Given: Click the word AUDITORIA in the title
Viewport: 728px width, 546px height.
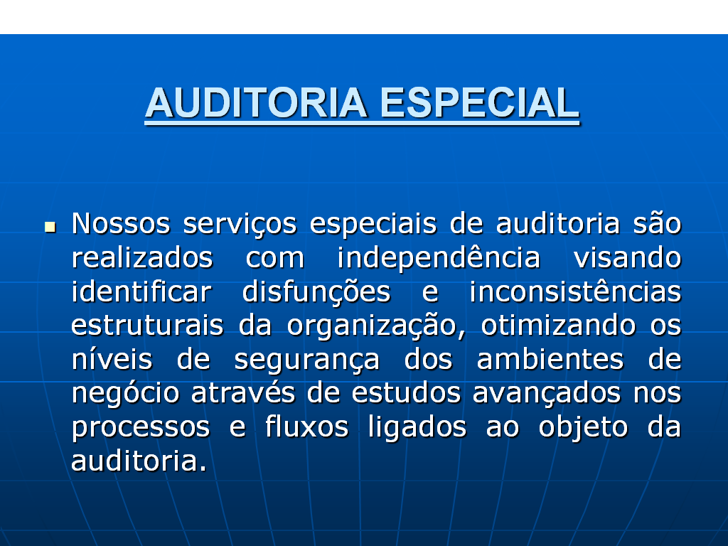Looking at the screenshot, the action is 256,102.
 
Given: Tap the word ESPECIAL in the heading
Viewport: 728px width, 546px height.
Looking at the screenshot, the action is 480,102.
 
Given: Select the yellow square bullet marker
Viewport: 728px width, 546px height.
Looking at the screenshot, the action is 50,227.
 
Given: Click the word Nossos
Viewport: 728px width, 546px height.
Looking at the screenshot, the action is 121,223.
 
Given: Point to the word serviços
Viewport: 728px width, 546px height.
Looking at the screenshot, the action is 240,225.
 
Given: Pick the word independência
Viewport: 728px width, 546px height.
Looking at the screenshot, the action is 439,258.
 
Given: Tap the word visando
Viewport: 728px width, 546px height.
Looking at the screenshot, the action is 627,257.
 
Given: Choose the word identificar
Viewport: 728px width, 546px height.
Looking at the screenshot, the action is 141,291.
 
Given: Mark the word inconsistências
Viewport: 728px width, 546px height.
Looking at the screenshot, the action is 575,291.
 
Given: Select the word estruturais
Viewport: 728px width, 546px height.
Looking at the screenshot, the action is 147,325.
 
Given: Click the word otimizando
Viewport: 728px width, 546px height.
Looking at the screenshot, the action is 558,325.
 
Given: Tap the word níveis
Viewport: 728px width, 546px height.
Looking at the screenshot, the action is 112,359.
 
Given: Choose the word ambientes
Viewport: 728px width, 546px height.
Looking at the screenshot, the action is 550,359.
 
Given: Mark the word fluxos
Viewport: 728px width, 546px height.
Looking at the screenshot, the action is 306,427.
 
